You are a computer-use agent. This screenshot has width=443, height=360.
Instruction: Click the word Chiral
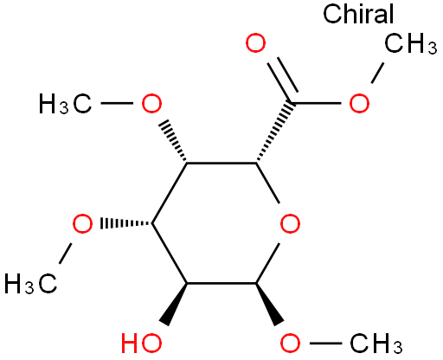click(358, 14)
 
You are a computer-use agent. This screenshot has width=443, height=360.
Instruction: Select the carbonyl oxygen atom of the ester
click(255, 43)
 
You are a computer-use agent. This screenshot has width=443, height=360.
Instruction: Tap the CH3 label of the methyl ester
click(410, 43)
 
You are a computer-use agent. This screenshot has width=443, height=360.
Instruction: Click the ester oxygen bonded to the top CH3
click(359, 103)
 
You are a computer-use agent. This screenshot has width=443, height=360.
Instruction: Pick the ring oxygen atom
click(290, 223)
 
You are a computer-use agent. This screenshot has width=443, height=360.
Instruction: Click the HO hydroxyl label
click(141, 343)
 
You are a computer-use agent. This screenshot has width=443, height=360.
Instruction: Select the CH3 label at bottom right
click(376, 344)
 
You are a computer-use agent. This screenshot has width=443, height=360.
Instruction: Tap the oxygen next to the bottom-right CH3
click(290, 343)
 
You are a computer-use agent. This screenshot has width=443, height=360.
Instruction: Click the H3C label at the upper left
click(66, 103)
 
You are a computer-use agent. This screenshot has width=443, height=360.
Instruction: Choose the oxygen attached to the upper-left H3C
click(151, 103)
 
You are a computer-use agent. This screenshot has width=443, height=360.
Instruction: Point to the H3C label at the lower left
click(31, 284)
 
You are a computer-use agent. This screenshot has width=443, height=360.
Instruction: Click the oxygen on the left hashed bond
click(82, 223)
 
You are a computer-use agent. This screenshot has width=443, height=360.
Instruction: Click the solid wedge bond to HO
click(177, 305)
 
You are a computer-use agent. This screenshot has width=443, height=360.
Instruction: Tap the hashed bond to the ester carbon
click(274, 132)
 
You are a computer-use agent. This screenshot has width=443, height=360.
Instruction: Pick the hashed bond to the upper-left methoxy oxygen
click(173, 141)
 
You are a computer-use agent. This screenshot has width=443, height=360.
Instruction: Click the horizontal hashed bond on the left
click(126, 223)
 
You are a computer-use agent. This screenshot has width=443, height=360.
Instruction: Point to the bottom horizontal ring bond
click(221, 284)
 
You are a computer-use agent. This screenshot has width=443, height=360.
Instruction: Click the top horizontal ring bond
click(221, 164)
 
